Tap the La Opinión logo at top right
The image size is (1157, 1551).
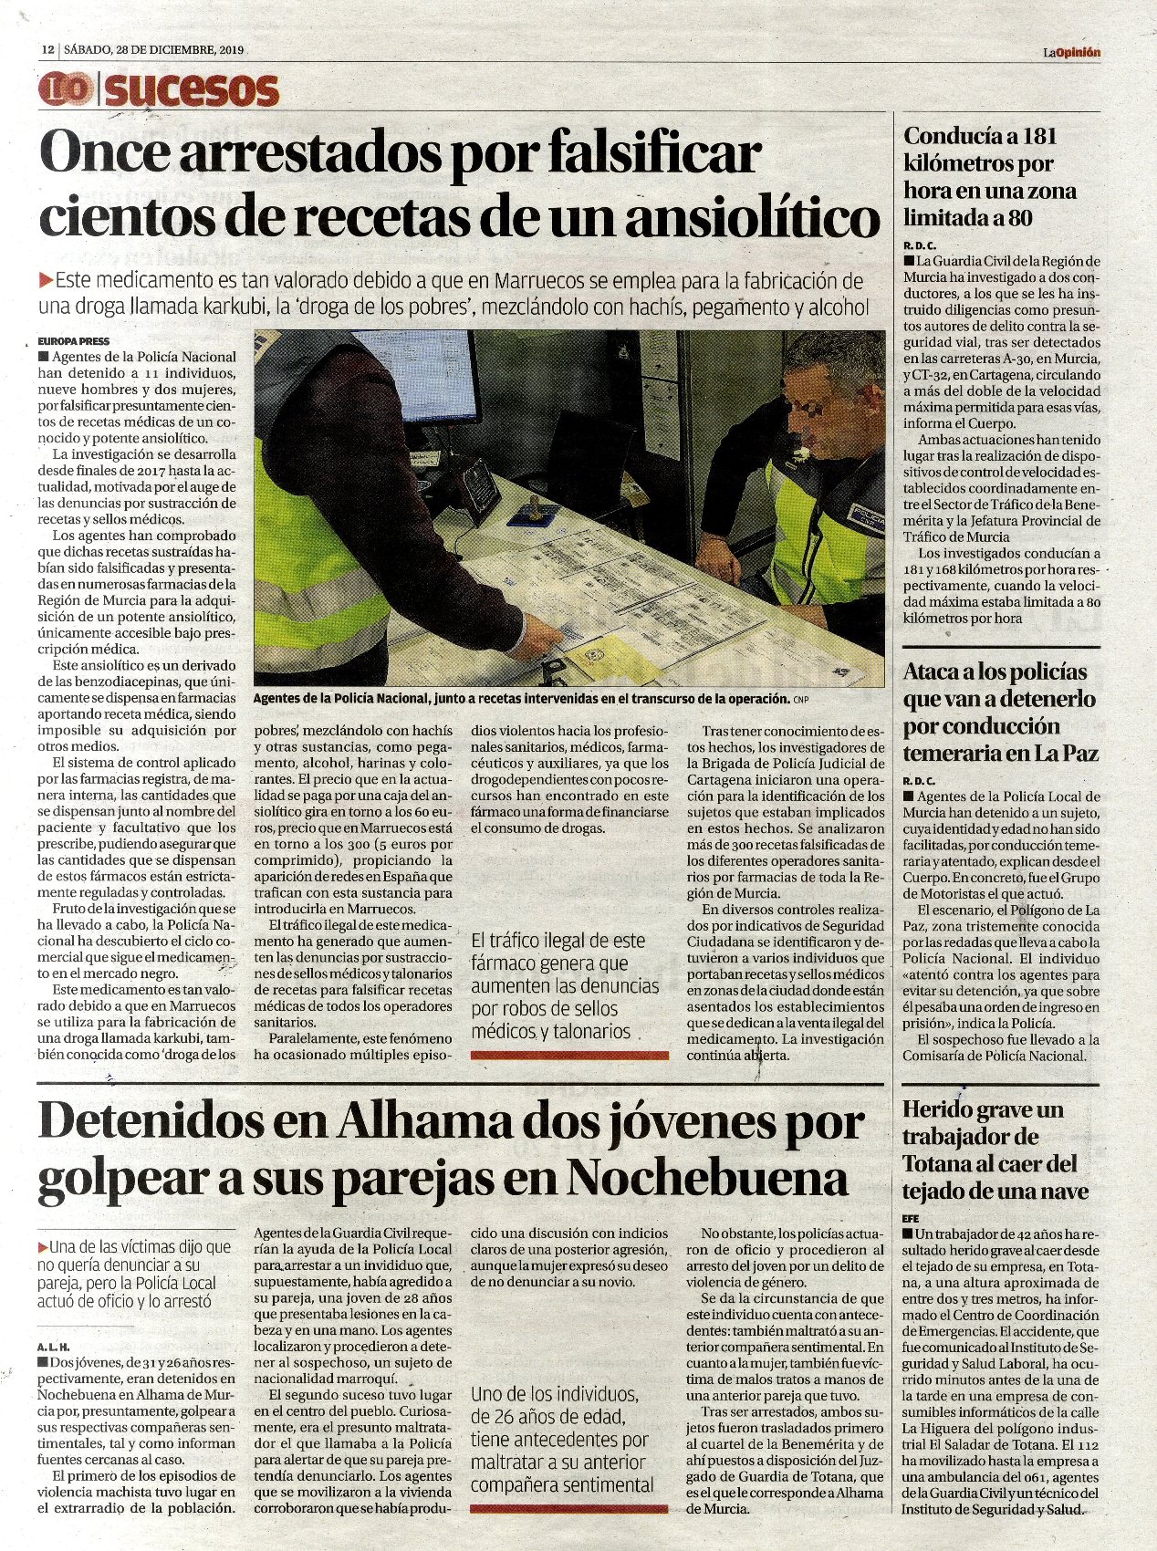[x=1072, y=52]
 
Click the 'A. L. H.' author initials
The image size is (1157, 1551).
[x=54, y=1347]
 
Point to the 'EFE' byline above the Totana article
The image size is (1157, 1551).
[x=911, y=1218]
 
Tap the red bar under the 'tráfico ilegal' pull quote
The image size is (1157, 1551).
[x=569, y=1055]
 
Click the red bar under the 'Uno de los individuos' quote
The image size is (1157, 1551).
[x=568, y=1509]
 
